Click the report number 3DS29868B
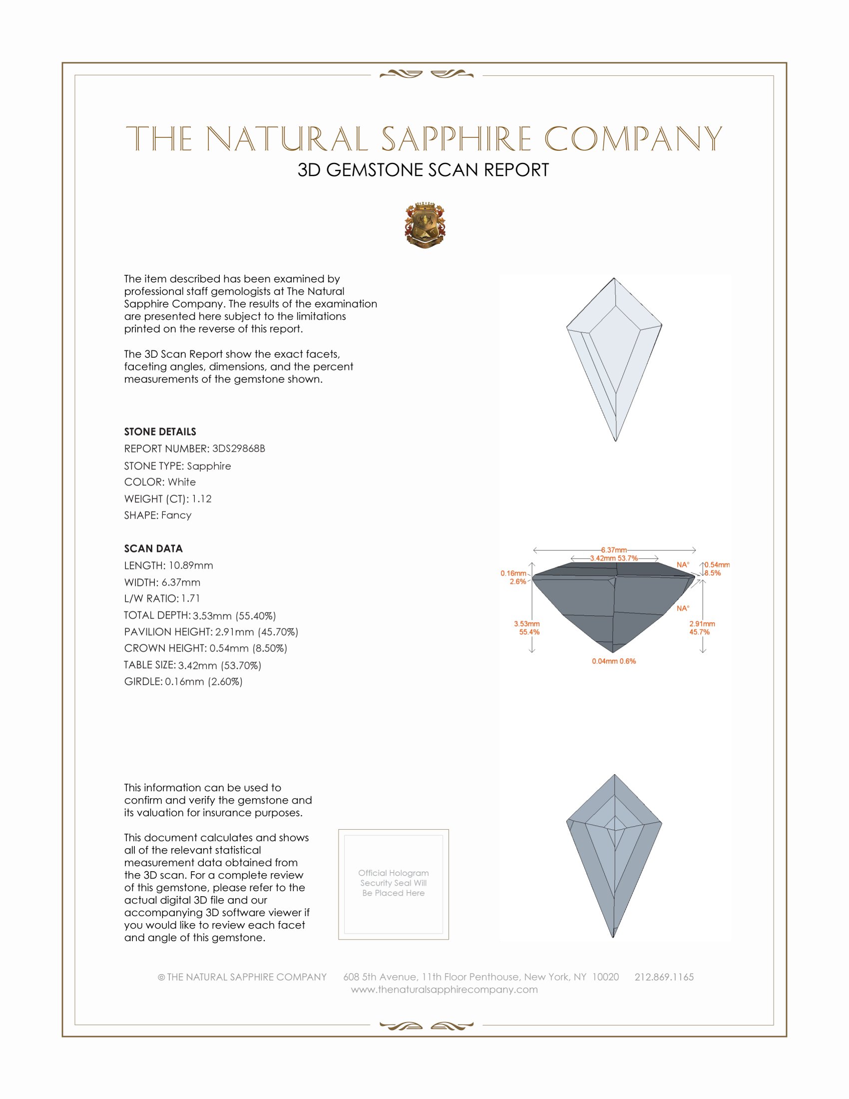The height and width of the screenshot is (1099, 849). [x=238, y=449]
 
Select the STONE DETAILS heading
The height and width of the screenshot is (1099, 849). [x=160, y=432]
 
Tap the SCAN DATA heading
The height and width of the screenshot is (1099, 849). [x=153, y=549]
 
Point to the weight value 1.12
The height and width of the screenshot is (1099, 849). [x=202, y=499]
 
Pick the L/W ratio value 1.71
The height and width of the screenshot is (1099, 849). [x=191, y=598]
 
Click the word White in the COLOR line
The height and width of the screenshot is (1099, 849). [x=182, y=482]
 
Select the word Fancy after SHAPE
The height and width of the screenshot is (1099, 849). [x=176, y=516]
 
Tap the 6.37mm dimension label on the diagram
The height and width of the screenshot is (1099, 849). [x=614, y=550]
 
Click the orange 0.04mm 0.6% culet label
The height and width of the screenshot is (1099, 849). [x=614, y=661]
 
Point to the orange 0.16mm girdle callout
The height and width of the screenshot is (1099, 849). [x=513, y=573]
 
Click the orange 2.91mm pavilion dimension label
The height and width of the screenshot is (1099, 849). [x=702, y=624]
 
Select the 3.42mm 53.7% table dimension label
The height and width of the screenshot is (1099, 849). [x=614, y=558]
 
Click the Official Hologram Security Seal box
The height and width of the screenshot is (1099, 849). [x=394, y=884]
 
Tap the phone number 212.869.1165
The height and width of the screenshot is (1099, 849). [x=664, y=977]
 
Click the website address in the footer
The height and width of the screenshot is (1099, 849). [x=444, y=990]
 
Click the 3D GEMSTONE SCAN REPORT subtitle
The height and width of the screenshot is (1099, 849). [x=423, y=170]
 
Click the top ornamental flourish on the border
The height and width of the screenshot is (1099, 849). [x=426, y=74]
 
